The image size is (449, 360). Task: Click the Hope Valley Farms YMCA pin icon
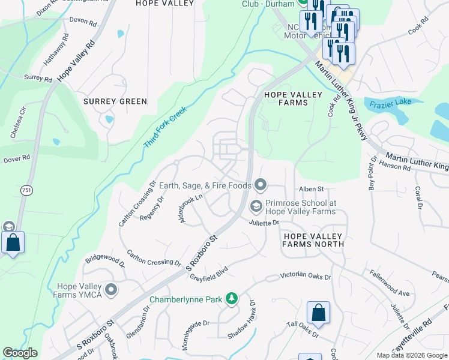click(110, 290)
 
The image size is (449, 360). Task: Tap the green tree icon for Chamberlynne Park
click(231, 299)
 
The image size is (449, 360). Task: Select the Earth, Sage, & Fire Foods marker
click(260, 185)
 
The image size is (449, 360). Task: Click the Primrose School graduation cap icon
click(256, 206)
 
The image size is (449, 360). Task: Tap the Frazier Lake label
click(390, 101)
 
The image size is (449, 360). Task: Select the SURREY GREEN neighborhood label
click(115, 101)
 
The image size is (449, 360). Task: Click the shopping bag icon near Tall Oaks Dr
click(318, 313)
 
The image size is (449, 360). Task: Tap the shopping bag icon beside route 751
click(13, 243)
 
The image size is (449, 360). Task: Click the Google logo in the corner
click(20, 353)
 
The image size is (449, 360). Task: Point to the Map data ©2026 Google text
click(412, 355)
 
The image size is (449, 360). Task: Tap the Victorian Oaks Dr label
click(306, 277)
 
